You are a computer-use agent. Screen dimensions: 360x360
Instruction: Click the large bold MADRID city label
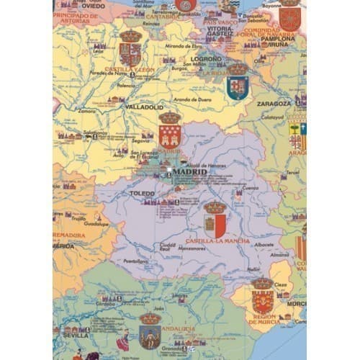tap(189, 171)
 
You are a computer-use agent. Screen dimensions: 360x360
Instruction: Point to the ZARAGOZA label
tap(274, 104)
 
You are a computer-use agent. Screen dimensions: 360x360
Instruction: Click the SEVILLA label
tap(76, 335)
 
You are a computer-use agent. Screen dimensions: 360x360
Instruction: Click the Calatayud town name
tap(272, 116)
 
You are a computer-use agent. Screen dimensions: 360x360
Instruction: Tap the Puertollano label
tap(137, 262)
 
